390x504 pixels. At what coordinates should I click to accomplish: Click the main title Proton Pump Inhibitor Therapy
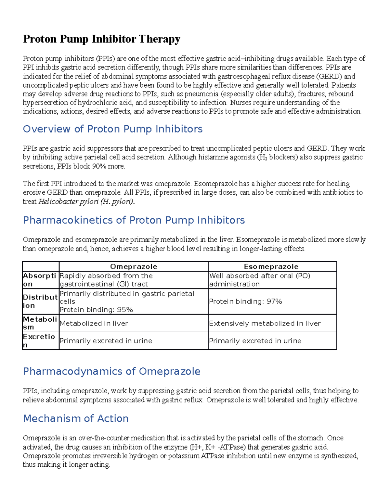101,39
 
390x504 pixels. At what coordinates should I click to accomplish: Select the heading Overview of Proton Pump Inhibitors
112,129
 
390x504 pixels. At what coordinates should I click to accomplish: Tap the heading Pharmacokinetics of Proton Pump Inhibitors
134,220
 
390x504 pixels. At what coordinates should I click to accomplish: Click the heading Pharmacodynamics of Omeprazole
111,371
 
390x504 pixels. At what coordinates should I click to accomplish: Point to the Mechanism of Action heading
76,419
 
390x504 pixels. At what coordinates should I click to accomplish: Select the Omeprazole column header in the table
134,267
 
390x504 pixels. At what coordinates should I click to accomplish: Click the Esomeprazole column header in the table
271,267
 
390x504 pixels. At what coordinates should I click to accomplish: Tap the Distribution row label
40,301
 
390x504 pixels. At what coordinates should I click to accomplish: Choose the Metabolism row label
40,323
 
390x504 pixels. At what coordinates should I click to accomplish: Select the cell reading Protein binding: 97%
245,301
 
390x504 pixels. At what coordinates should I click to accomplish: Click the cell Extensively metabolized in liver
265,324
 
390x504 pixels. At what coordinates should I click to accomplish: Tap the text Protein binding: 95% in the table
96,310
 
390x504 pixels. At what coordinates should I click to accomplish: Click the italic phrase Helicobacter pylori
68,202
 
